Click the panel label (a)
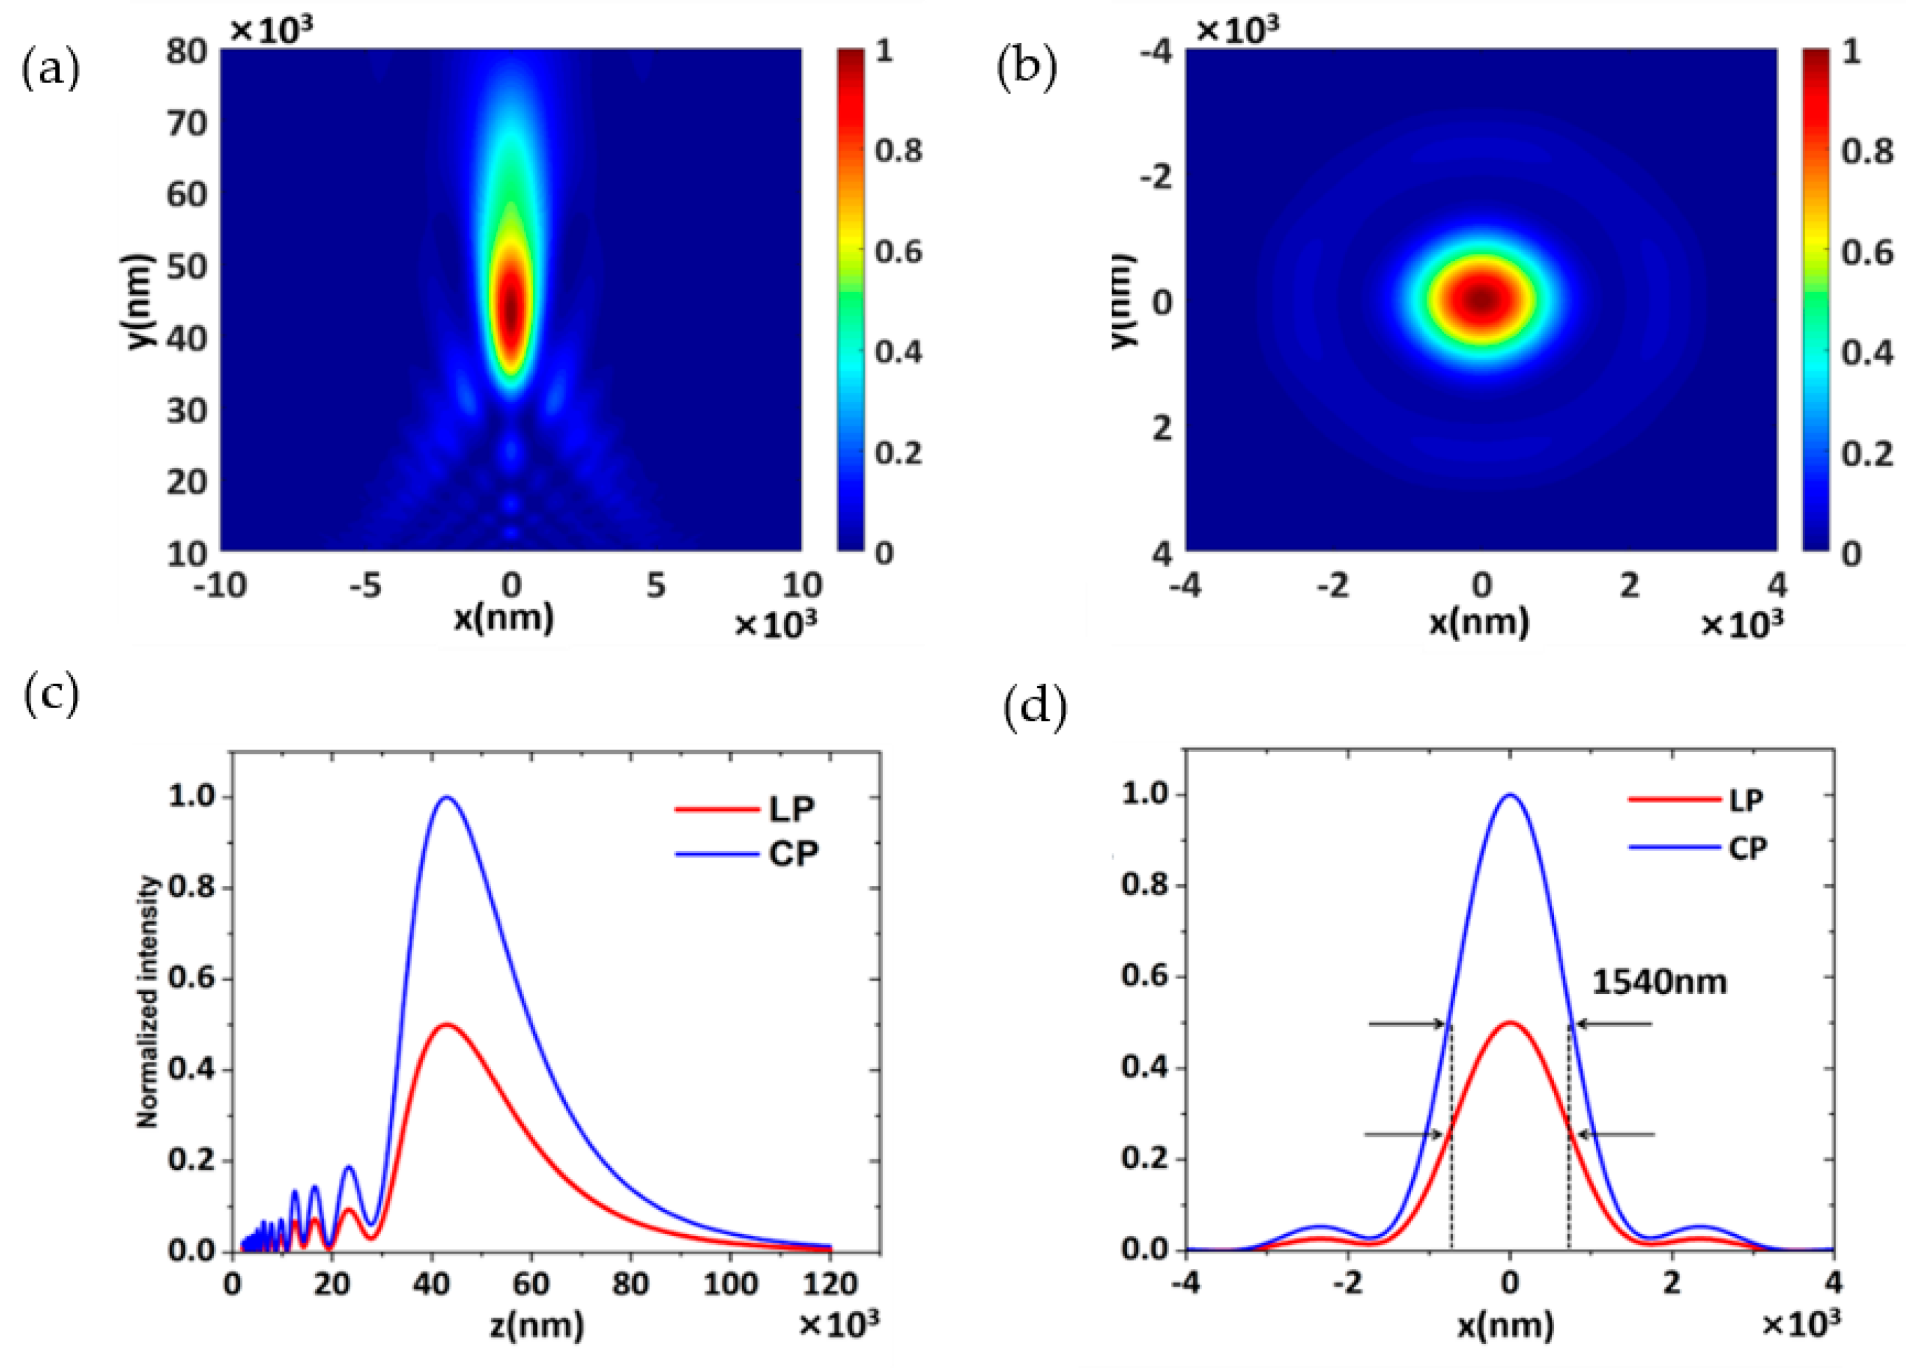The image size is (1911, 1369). click(x=50, y=69)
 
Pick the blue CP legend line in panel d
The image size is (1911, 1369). click(x=1672, y=848)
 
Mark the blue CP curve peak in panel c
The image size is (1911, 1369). click(x=447, y=797)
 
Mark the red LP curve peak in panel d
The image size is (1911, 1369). click(x=1510, y=1023)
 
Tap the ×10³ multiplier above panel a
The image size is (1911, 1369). click(x=271, y=30)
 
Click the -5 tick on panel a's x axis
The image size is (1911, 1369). click(x=366, y=585)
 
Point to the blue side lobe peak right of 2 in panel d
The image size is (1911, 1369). click(x=1702, y=1227)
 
